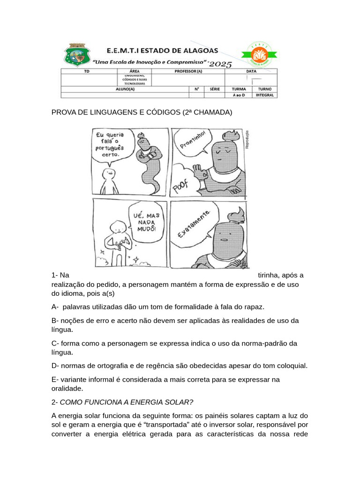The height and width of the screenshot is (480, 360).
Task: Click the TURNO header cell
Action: point(265,89)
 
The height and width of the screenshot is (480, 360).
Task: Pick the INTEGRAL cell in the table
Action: point(265,95)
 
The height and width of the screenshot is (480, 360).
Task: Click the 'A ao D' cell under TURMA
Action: point(239,95)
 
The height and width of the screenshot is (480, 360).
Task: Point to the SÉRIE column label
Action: point(215,89)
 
